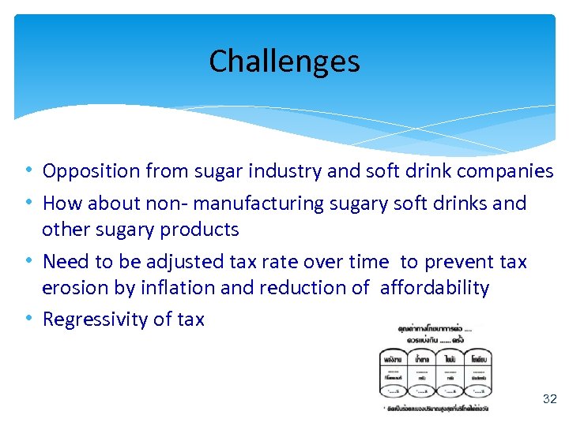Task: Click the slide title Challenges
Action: [284, 62]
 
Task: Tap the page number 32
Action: [549, 399]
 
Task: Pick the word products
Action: [200, 230]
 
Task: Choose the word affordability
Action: [435, 288]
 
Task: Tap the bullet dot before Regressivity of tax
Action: [29, 319]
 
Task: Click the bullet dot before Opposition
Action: [29, 171]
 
